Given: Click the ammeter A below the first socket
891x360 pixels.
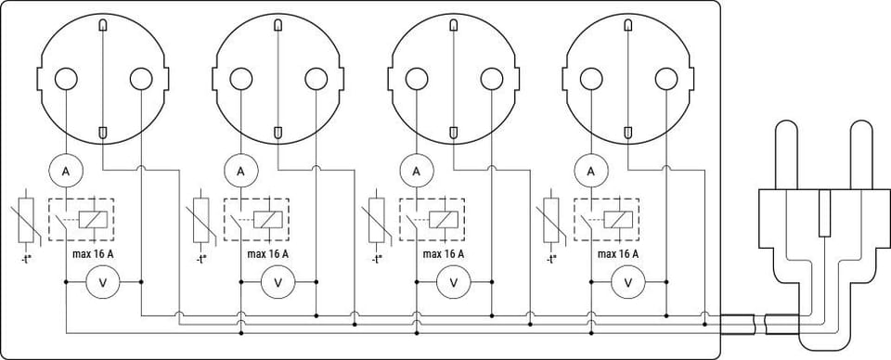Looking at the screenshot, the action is point(66,171).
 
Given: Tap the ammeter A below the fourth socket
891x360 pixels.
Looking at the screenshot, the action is point(591,171).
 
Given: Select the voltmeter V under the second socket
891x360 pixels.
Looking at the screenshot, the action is point(278,282).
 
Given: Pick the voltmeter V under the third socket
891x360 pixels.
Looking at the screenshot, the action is point(454,282).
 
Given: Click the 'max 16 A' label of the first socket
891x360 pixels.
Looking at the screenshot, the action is point(93,254).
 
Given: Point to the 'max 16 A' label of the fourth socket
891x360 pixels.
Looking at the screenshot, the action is point(618,254).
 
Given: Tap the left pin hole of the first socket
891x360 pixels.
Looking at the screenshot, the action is point(66,79).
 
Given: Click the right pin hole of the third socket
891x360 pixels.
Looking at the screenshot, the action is point(492,79).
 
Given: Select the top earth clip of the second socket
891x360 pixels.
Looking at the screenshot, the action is point(278,26).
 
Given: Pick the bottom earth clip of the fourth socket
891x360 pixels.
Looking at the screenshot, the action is point(628,133).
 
